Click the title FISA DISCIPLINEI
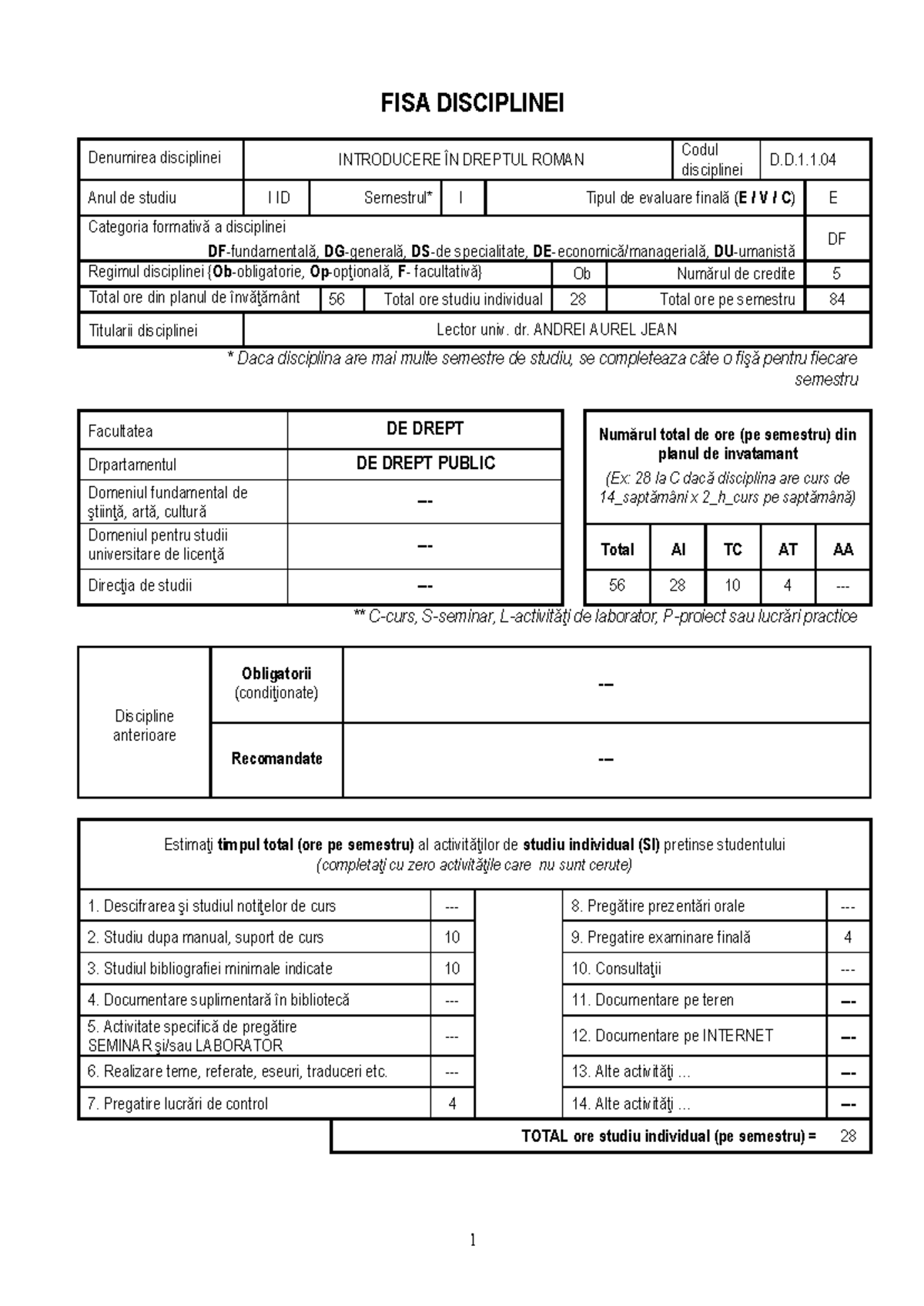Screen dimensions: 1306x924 tap(472, 103)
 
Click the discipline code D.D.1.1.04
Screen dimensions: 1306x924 tap(802, 159)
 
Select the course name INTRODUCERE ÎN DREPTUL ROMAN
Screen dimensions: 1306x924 tap(460, 159)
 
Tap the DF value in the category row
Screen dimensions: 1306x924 tap(836, 239)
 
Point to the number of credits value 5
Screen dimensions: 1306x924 tap(836, 273)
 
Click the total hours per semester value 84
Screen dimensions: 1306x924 tap(836, 300)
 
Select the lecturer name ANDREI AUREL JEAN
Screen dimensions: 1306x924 tap(604, 330)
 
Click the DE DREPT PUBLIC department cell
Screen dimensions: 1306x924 tap(425, 464)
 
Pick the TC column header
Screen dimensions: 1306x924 tap(732, 549)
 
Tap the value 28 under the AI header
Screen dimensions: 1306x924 tap(677, 585)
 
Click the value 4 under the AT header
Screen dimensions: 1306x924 tap(787, 585)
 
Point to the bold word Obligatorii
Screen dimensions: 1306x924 tap(276, 674)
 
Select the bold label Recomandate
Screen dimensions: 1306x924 tap(276, 758)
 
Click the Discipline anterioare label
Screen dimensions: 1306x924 tap(144, 725)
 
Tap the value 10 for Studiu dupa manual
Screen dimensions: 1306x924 tap(452, 937)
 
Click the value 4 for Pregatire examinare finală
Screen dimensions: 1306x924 tap(848, 937)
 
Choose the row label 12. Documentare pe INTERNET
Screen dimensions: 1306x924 tap(671, 1036)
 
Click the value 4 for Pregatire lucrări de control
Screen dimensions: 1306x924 tap(452, 1103)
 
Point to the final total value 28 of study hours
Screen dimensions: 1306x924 tap(848, 1136)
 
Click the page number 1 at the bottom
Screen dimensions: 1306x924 tap(473, 1240)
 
